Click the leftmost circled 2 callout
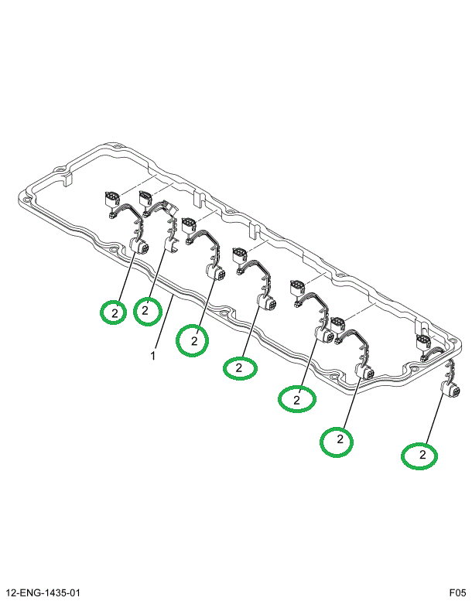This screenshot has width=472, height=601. (114, 312)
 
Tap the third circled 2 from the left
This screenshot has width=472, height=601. (193, 340)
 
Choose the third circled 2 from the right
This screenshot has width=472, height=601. (296, 399)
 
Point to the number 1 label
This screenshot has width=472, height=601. (153, 357)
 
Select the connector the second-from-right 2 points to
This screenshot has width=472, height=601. (364, 374)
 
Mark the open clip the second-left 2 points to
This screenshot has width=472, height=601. (172, 247)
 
